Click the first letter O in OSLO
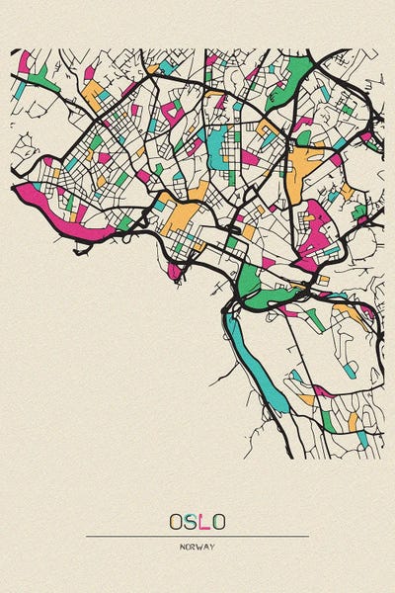click(x=175, y=521)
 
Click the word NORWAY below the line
click(x=197, y=547)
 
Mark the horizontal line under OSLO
click(x=197, y=536)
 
